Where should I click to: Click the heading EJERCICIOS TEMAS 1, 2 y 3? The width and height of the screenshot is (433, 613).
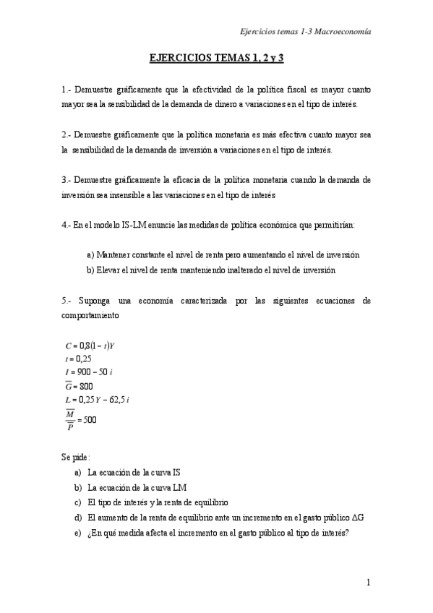[x=216, y=56]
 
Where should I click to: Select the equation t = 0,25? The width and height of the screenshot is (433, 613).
[x=77, y=359]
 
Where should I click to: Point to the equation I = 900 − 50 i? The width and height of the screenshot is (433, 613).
[x=90, y=372]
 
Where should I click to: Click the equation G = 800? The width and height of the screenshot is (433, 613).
[x=79, y=385]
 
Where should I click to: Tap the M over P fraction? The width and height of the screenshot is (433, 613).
[x=70, y=419]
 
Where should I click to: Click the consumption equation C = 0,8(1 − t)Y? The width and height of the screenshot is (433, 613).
[x=90, y=346]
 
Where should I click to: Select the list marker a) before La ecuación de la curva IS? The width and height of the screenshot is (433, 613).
[x=77, y=472]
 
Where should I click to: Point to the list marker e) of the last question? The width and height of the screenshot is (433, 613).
[x=77, y=533]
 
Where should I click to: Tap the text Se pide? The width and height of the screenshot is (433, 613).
[x=76, y=457]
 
